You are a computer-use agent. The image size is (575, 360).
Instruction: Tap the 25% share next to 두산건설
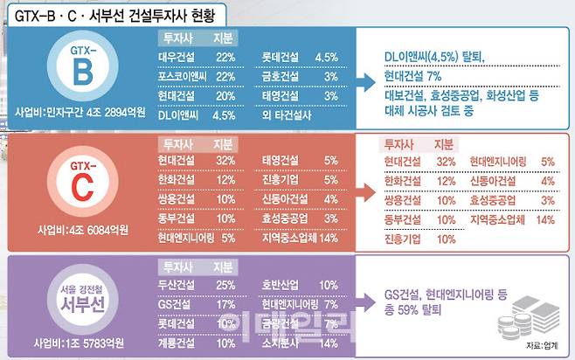[x=225, y=285]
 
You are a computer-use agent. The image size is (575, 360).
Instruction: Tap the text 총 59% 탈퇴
[x=416, y=310]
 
